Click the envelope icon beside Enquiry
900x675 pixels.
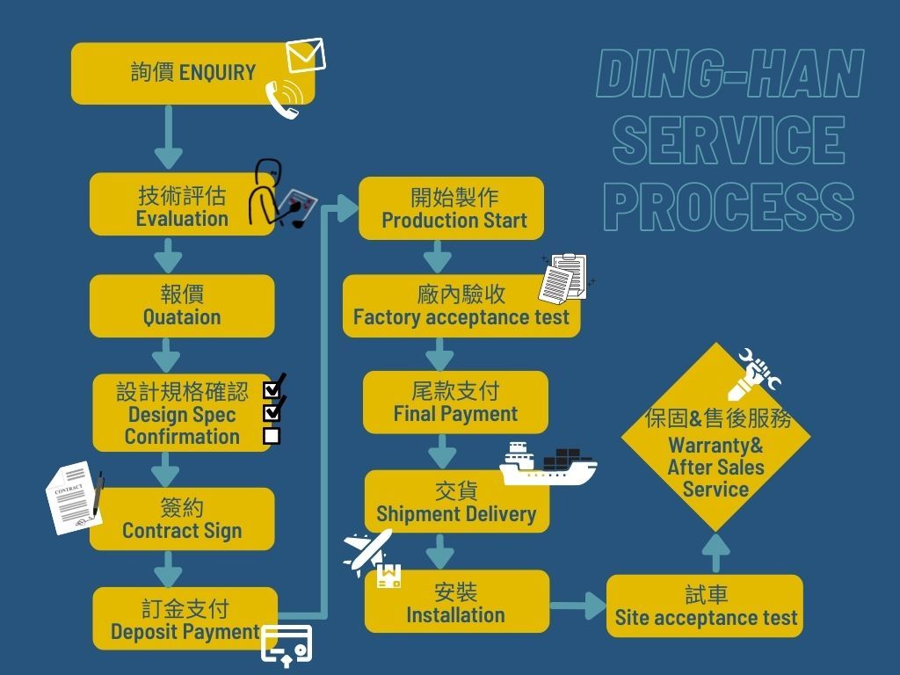306,55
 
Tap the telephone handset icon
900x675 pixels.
284,98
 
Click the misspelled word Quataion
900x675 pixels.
182,317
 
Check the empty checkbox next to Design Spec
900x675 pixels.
272,435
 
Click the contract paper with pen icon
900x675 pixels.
75,497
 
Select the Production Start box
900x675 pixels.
451,208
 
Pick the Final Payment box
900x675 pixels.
455,403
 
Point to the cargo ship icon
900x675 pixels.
547,464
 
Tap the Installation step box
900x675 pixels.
456,602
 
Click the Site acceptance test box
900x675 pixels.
705,606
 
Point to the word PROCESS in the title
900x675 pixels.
729,207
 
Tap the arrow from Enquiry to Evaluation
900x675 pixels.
168,137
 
